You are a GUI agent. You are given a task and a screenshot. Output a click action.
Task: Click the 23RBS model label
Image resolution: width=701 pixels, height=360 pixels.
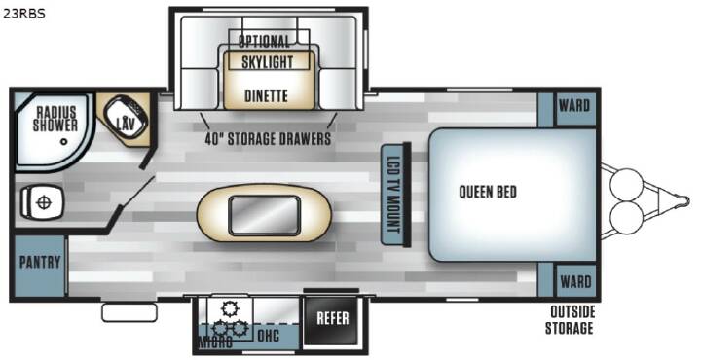click(24, 14)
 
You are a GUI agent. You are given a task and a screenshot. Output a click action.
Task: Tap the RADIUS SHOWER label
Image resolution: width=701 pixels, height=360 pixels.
click(55, 119)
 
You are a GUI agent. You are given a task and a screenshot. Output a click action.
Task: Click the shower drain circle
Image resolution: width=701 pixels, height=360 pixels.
click(64, 142)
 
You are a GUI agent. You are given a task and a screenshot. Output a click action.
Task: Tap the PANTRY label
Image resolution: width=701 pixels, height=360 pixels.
click(40, 262)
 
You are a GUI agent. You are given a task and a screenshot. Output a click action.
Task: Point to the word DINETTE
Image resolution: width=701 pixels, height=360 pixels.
click(266, 95)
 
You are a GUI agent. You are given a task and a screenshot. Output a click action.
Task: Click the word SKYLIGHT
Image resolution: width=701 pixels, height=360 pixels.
click(268, 62)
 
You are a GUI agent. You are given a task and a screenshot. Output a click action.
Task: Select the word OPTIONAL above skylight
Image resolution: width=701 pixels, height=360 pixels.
click(264, 42)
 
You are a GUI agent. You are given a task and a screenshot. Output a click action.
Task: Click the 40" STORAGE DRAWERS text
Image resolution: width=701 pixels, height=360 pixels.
click(269, 138)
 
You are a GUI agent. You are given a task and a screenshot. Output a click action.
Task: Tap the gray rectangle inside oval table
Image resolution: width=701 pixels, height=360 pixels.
click(264, 215)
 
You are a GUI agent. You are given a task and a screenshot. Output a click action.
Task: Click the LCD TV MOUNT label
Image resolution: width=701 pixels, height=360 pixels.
click(392, 195)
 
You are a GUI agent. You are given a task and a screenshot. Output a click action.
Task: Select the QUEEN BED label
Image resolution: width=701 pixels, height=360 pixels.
click(488, 192)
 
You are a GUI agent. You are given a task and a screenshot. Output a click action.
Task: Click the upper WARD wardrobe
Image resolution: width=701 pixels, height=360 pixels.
click(574, 109)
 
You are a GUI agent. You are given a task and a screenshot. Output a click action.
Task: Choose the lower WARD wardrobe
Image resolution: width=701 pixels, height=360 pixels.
click(575, 280)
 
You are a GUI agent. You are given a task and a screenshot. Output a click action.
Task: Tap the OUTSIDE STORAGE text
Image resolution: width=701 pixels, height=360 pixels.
click(570, 320)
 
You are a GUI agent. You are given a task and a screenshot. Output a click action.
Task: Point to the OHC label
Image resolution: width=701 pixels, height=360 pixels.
click(269, 335)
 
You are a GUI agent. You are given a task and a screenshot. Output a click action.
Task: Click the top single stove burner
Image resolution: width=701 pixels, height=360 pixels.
click(231, 308)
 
